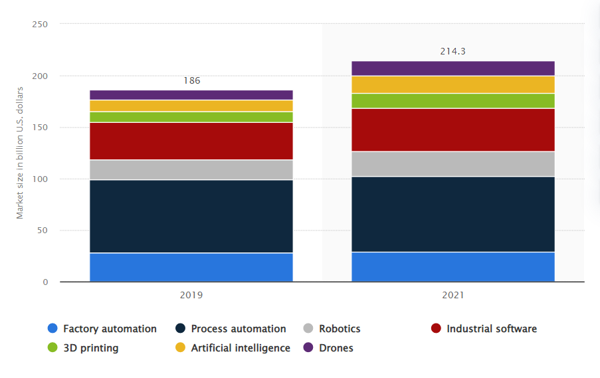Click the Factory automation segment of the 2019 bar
click(x=191, y=267)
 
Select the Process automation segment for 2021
click(x=452, y=214)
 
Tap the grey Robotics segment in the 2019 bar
click(x=191, y=169)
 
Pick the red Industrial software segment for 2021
click(x=452, y=130)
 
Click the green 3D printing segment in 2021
click(x=452, y=100)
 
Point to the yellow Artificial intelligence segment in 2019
click(x=191, y=106)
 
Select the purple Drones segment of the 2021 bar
click(x=452, y=68)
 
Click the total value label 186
click(x=191, y=81)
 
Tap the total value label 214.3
click(x=452, y=51)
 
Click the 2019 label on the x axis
click(x=191, y=294)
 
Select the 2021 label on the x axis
click(x=452, y=294)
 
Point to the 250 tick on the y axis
click(x=40, y=25)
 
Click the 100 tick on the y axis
click(x=40, y=179)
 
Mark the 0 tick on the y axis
click(x=45, y=282)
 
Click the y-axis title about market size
click(x=20, y=153)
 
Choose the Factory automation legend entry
click(x=102, y=329)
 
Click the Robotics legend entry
click(x=332, y=329)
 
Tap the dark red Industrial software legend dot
click(x=436, y=329)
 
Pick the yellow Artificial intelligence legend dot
click(x=181, y=348)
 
